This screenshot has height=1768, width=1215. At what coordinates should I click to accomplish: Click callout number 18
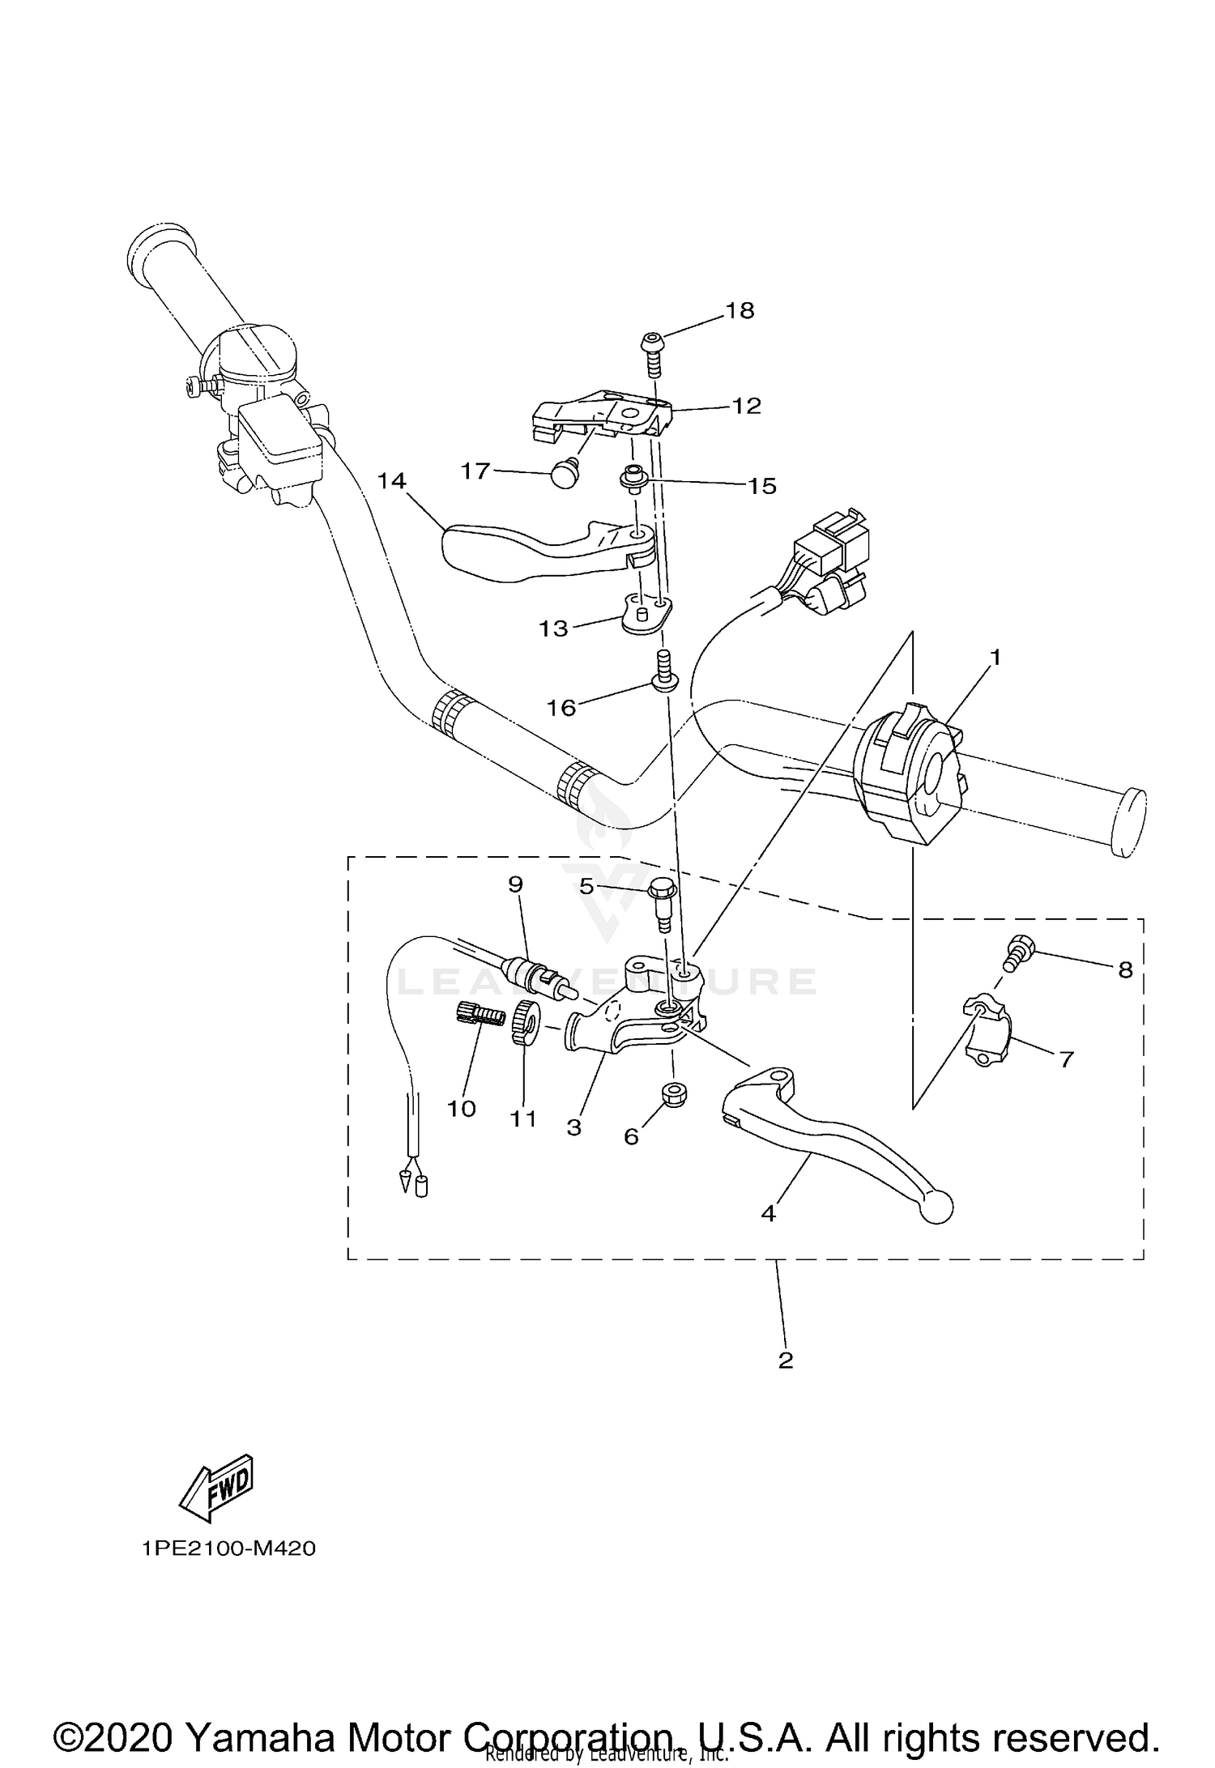(x=740, y=310)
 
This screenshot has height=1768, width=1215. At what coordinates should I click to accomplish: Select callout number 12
(x=746, y=406)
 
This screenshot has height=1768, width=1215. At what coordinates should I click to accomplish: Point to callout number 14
(x=391, y=481)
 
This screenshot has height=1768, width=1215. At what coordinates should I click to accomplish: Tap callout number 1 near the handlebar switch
(x=995, y=657)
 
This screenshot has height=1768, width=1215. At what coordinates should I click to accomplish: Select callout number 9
(x=516, y=884)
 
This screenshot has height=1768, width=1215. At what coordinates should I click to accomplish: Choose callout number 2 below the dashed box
(x=785, y=1361)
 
